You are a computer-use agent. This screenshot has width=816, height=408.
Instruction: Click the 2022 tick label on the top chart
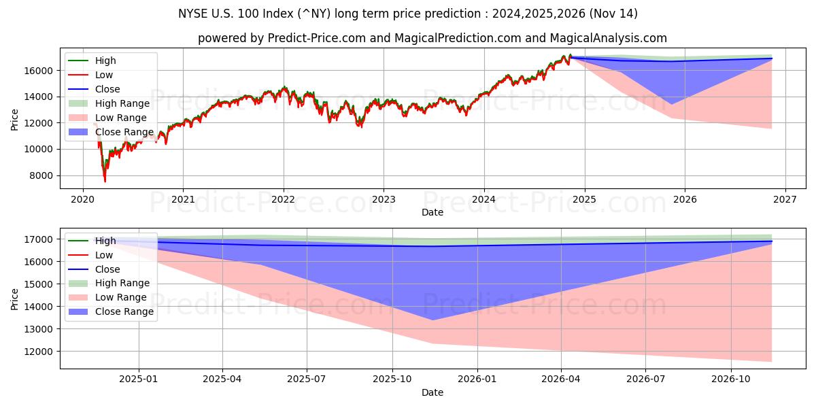point(283,200)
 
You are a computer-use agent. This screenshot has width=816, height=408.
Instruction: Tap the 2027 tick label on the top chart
point(785,200)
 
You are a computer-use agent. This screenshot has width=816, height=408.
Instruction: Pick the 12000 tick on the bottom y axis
point(39,352)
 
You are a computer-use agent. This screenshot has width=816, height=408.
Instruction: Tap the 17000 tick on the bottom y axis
point(39,239)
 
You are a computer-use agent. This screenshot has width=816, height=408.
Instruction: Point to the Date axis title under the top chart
point(432,212)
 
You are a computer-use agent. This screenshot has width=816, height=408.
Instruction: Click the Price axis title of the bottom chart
point(15,299)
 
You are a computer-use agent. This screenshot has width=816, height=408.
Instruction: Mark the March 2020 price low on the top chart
point(105,182)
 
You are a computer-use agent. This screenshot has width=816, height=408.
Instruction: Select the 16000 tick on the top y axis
point(39,71)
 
